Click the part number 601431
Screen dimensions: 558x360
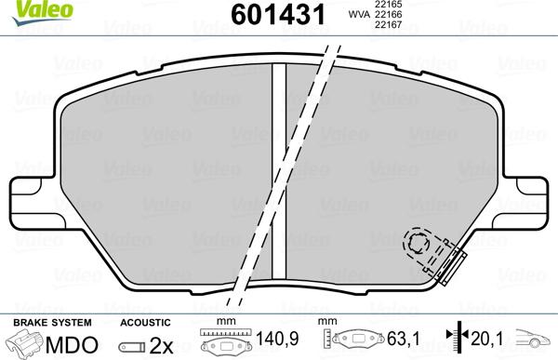(278, 15)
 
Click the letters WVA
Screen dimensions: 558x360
(359, 15)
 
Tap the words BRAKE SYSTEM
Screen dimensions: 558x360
(52, 323)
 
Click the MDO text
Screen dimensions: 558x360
(72, 345)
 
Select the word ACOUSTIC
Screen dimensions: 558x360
(145, 323)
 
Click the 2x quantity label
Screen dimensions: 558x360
(161, 345)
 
